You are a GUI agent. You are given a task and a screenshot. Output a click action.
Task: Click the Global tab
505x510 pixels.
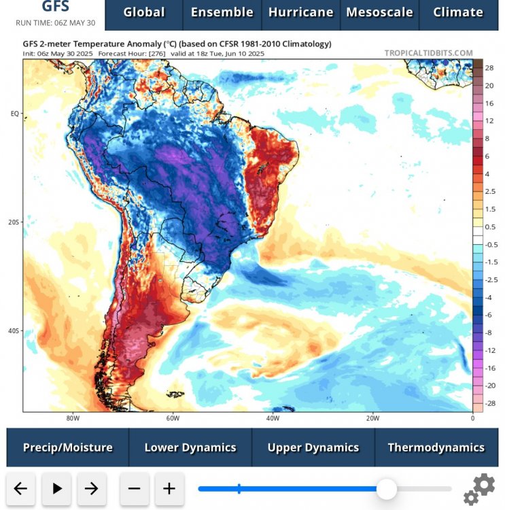[144, 12]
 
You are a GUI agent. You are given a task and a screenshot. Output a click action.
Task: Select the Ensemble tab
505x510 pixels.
[222, 12]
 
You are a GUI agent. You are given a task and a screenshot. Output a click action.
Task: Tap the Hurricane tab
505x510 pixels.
[300, 12]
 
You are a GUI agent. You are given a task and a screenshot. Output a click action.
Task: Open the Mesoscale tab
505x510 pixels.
[379, 12]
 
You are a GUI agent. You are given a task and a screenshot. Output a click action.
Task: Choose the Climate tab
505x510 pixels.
[458, 12]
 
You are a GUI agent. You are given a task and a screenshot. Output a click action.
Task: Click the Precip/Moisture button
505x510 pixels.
[68, 447]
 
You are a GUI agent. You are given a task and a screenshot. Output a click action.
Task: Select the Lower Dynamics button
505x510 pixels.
[190, 447]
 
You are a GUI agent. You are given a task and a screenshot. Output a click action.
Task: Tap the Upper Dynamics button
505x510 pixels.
[313, 447]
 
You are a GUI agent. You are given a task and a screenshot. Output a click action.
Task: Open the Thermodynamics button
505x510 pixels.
[436, 447]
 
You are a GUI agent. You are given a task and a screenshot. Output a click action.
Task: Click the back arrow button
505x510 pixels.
[20, 488]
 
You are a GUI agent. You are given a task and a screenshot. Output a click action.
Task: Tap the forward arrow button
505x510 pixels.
[91, 488]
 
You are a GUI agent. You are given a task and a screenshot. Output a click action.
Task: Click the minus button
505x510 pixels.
[134, 488]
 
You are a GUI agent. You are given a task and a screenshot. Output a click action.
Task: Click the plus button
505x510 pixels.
[169, 488]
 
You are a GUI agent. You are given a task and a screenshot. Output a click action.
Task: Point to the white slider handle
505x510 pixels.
[387, 488]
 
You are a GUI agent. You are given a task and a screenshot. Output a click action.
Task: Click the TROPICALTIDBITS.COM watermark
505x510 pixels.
[428, 53]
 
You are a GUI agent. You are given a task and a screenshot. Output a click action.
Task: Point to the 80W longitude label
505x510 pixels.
[73, 418]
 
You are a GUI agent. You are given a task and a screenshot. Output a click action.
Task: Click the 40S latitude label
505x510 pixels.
[14, 331]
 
